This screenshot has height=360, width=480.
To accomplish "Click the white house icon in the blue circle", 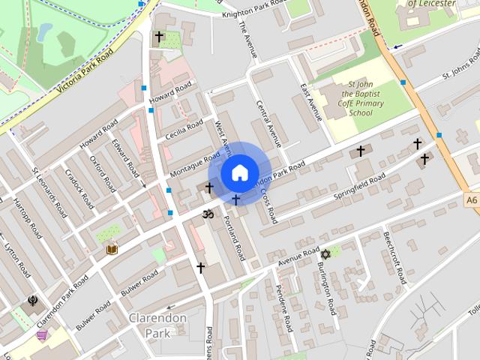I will [x=238, y=172].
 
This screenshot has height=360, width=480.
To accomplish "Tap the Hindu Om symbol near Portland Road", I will [x=208, y=214].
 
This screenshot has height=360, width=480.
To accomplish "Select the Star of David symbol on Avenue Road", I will [x=325, y=254].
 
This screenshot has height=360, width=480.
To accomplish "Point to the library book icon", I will [x=112, y=248].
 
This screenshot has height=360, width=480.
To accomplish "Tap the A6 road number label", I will [x=471, y=200].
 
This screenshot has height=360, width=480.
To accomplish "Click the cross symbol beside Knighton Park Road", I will [x=158, y=36].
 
